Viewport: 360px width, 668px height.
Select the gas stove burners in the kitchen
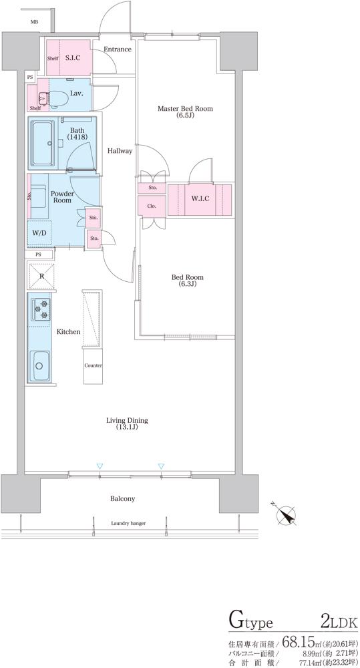tap(41, 310)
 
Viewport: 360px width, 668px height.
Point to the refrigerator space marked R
tap(41, 276)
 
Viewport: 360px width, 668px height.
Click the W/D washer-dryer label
tap(39, 233)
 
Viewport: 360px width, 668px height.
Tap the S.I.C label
tap(73, 57)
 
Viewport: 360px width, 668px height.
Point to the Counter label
tap(93, 365)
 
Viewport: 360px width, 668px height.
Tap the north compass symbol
tap(285, 514)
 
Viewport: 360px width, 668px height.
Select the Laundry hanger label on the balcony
tap(128, 523)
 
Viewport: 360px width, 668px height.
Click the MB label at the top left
tap(33, 21)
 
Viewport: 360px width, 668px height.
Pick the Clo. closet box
tap(151, 206)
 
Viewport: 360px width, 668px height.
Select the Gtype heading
tap(250, 623)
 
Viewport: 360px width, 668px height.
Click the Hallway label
tap(120, 150)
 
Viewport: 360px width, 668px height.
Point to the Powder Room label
tap(63, 196)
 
